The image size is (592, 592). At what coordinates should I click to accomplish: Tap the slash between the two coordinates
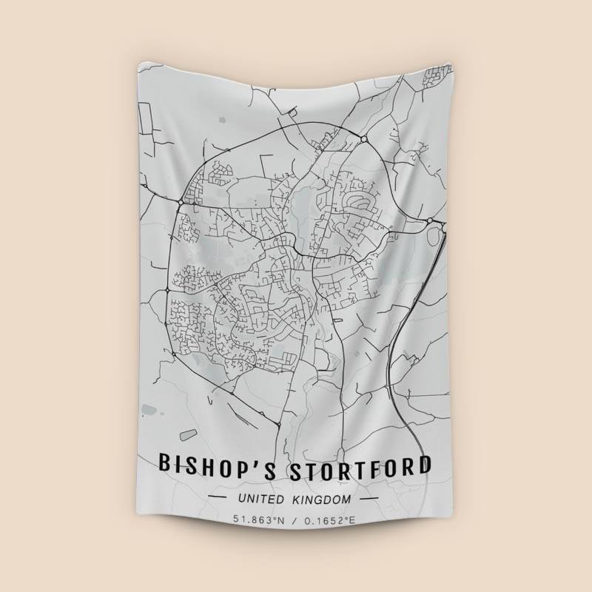point(295,520)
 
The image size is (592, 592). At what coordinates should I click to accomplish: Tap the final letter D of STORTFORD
point(423,465)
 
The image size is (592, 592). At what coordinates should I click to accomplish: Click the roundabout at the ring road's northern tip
point(363,138)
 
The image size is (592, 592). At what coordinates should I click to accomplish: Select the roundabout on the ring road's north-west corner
point(181,201)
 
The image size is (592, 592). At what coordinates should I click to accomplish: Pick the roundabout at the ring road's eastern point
point(429,220)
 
